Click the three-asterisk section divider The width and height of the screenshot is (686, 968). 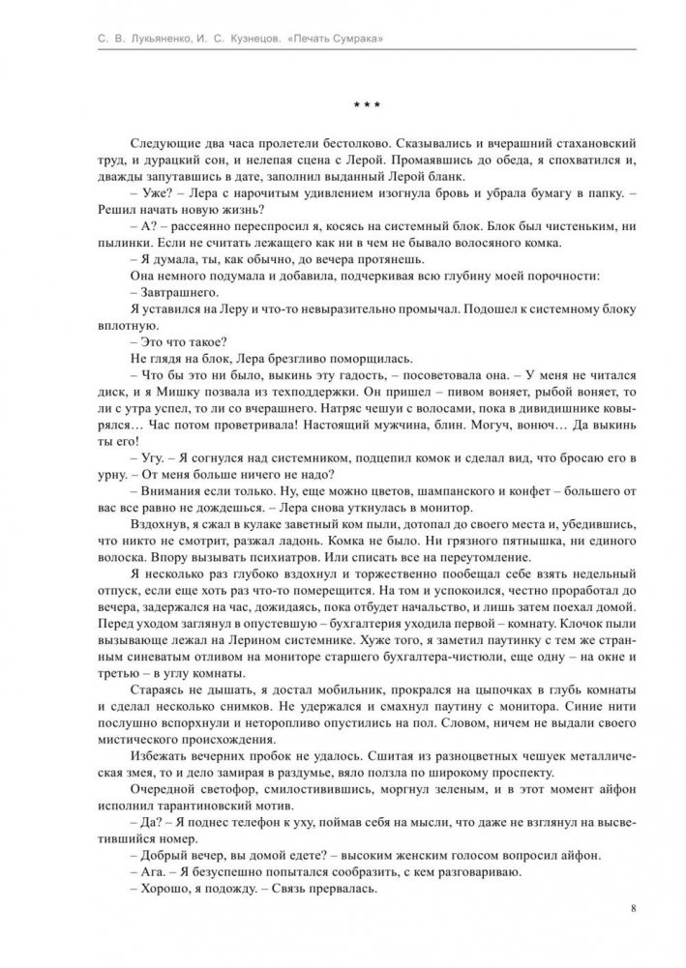coord(342,103)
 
